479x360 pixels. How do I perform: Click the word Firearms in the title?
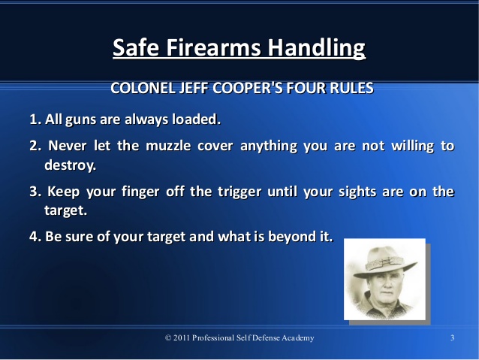pyautogui.click(x=213, y=47)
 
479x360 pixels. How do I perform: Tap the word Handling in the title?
pyautogui.click(x=317, y=49)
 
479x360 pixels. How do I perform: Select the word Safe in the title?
pyautogui.click(x=136, y=47)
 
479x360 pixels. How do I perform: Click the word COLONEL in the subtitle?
pyautogui.click(x=143, y=88)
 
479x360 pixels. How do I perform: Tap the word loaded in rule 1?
pyautogui.click(x=196, y=119)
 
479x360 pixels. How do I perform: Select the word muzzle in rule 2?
pyautogui.click(x=168, y=146)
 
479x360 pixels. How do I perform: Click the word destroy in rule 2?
pyautogui.click(x=70, y=165)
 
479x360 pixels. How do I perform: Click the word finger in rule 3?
pyautogui.click(x=140, y=192)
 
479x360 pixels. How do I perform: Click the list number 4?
pyautogui.click(x=35, y=237)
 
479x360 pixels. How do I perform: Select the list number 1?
pyautogui.click(x=35, y=119)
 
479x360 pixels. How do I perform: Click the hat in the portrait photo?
pyautogui.click(x=384, y=262)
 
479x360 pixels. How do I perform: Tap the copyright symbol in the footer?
pyautogui.click(x=168, y=337)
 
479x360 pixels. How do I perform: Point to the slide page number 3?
pyautogui.click(x=452, y=337)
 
